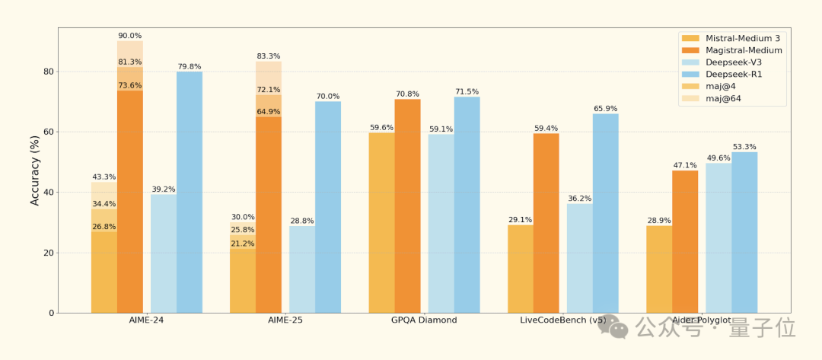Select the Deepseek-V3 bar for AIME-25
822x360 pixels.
301,269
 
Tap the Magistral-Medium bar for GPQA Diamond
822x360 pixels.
407,205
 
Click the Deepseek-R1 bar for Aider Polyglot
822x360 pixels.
744,232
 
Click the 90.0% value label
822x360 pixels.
130,36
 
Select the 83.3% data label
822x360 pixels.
269,56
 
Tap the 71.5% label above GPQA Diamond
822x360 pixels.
467,91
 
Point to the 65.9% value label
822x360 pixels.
606,108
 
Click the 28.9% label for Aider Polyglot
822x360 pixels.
659,220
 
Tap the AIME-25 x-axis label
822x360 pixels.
285,320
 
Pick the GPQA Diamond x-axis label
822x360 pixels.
424,320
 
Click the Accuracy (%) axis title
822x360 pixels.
35,170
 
